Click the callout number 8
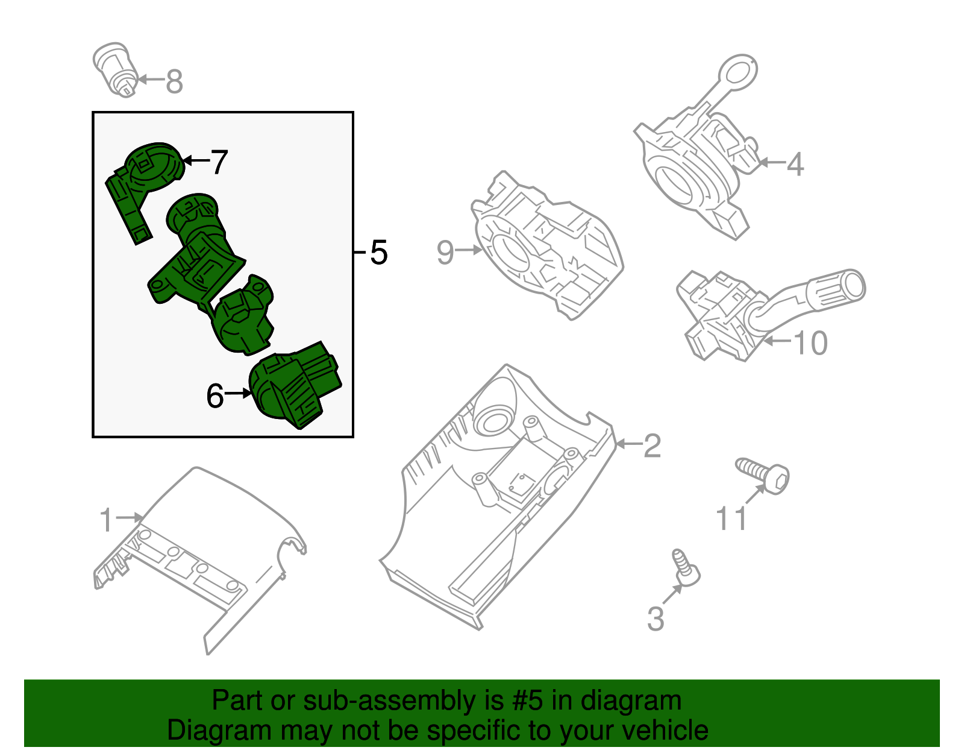(x=174, y=81)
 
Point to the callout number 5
(x=378, y=252)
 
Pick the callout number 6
(x=215, y=396)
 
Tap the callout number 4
(x=795, y=164)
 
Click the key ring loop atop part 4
(x=738, y=74)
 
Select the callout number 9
(x=445, y=252)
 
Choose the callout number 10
(x=810, y=343)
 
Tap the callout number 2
(x=652, y=446)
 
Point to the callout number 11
(x=731, y=519)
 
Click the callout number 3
(x=656, y=619)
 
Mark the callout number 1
(x=106, y=520)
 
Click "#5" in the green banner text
(x=528, y=701)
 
